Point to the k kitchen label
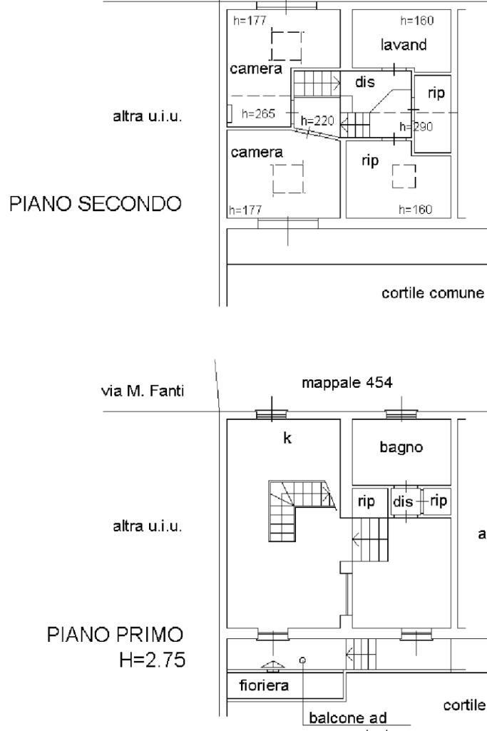point(287,439)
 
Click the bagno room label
point(402,448)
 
